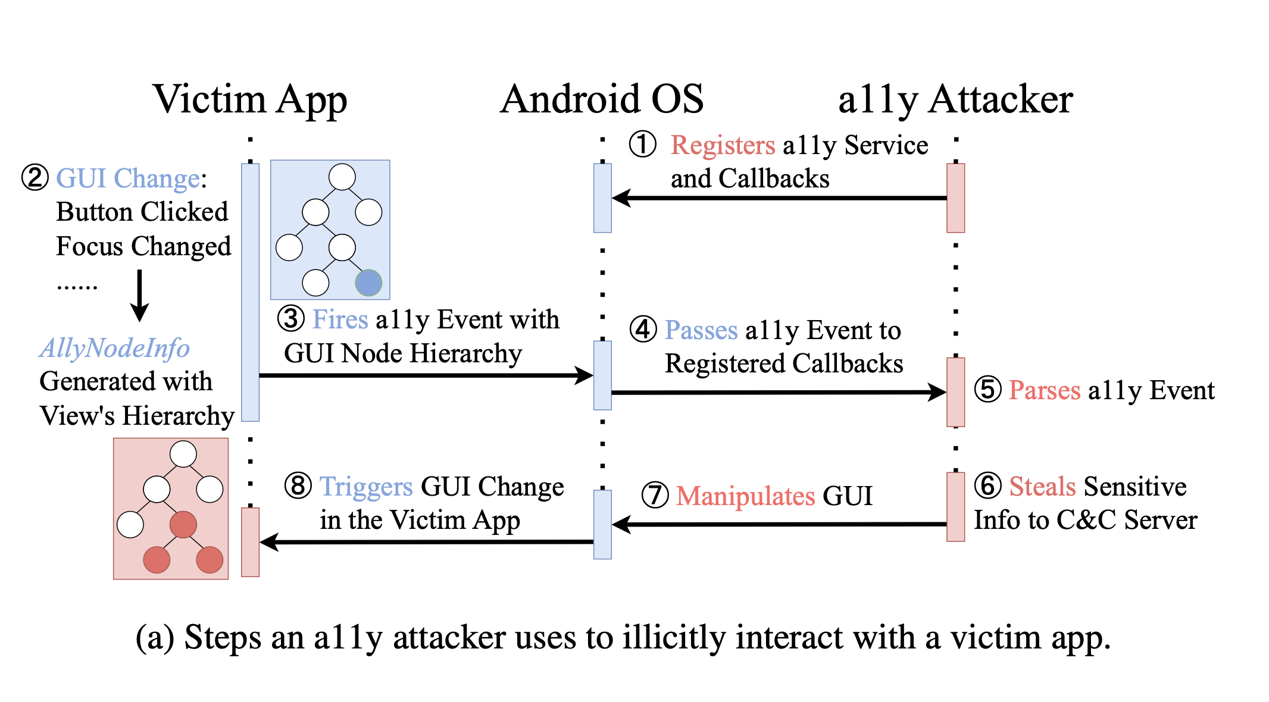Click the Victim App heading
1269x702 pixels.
pyautogui.click(x=250, y=99)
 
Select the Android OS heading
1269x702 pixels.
pyautogui.click(x=602, y=99)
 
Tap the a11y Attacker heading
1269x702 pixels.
pyautogui.click(x=955, y=99)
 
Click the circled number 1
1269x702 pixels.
pyautogui.click(x=643, y=145)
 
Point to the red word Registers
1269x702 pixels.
pyautogui.click(x=723, y=146)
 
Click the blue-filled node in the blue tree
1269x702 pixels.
pyautogui.click(x=368, y=283)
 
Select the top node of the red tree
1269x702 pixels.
pyautogui.click(x=183, y=455)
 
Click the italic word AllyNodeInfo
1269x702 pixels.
pyautogui.click(x=115, y=349)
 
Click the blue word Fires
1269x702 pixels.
pyautogui.click(x=340, y=320)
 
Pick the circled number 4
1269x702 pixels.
pyautogui.click(x=643, y=330)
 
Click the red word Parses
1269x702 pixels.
pyautogui.click(x=1045, y=391)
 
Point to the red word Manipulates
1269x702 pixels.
pyautogui.click(x=745, y=496)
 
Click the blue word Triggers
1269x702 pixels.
pyautogui.click(x=366, y=487)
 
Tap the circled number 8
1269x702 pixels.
pyautogui.click(x=298, y=486)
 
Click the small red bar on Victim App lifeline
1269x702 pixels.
pyautogui.click(x=250, y=542)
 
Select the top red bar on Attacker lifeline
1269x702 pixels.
pyautogui.click(x=955, y=198)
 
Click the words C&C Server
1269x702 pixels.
pyautogui.click(x=1126, y=521)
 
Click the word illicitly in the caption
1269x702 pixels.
pyautogui.click(x=675, y=638)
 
